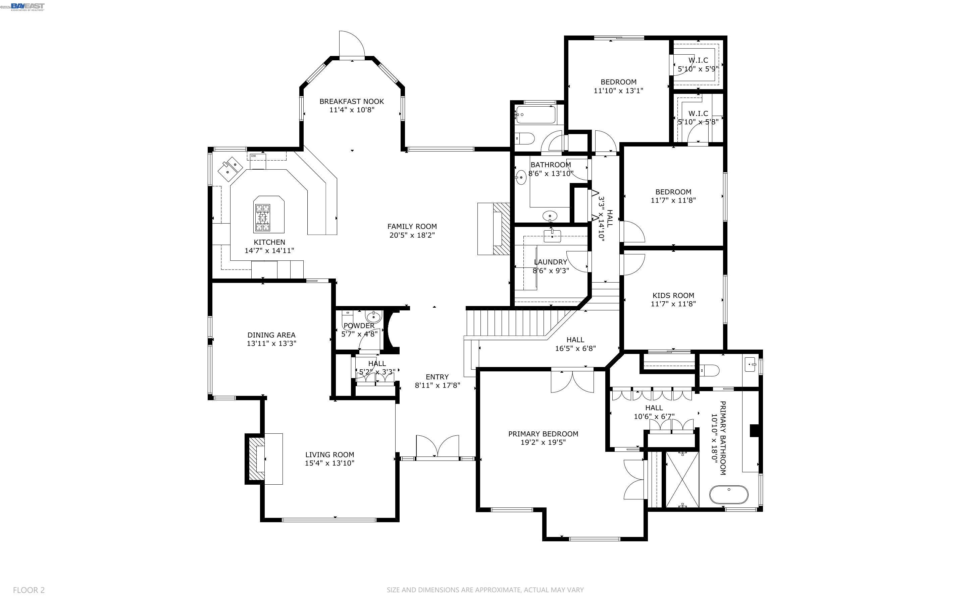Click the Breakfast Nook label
[351, 102]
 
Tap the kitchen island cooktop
[263, 218]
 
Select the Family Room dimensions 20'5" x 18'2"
[412, 235]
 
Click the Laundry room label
[550, 262]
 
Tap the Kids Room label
[673, 295]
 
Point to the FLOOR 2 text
[29, 590]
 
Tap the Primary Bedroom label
[543, 434]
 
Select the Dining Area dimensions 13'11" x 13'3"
[271, 344]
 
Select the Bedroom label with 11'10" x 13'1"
[618, 82]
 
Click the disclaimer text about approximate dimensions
[485, 590]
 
